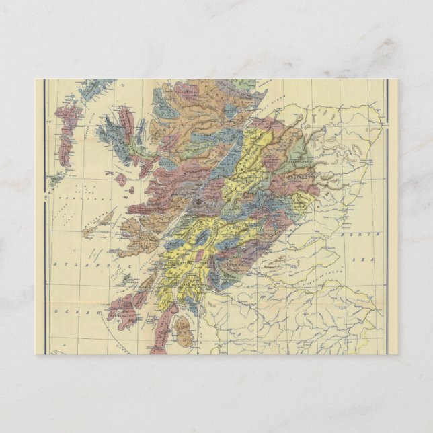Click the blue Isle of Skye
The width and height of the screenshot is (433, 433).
click(x=118, y=138)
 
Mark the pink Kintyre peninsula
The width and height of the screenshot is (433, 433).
click(x=161, y=329)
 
